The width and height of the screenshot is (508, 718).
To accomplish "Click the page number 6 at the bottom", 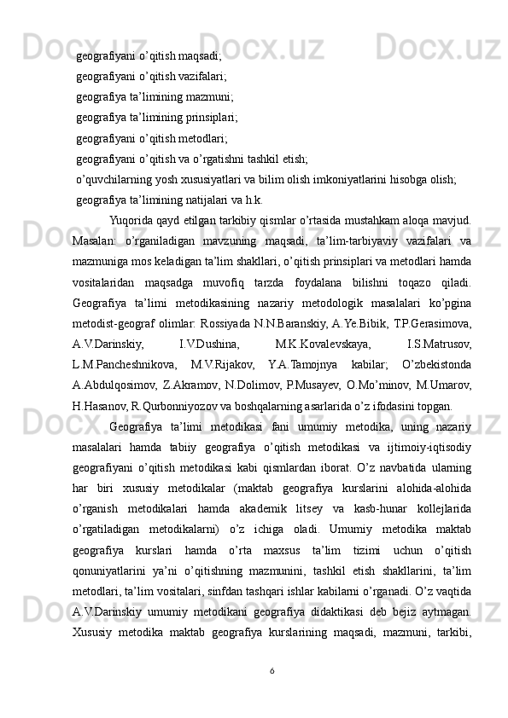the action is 272,693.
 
